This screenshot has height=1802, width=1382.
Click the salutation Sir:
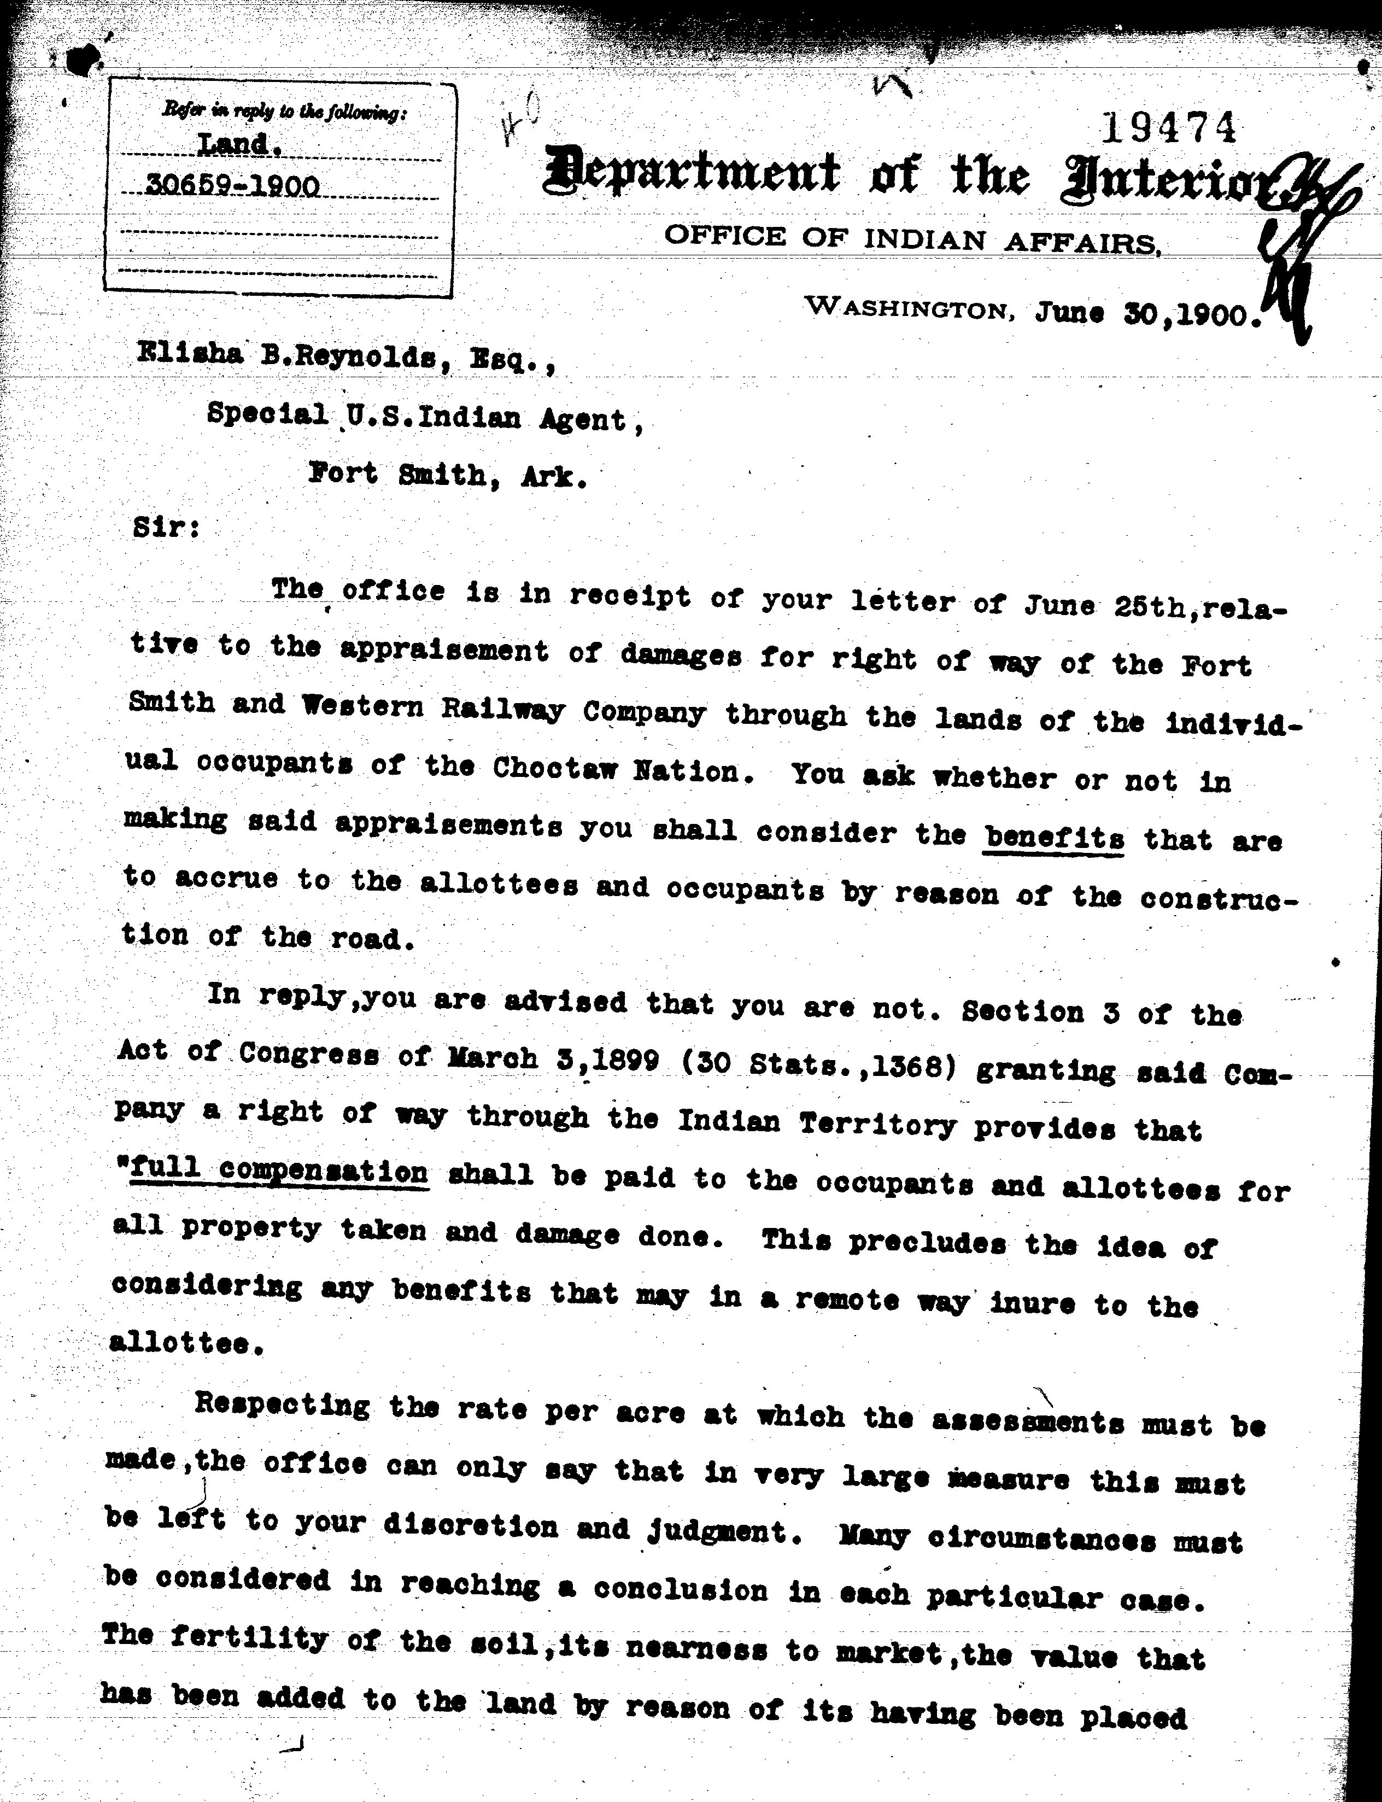(x=166, y=526)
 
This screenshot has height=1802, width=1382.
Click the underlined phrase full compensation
(x=280, y=1171)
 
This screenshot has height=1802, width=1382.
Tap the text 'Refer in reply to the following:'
(x=283, y=111)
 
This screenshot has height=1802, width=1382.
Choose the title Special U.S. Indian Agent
(x=425, y=417)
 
